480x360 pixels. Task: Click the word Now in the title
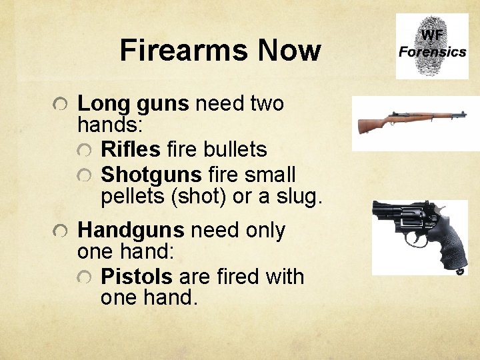tap(289, 50)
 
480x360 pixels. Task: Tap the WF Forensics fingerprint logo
tap(432, 46)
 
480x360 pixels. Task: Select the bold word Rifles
tap(131, 150)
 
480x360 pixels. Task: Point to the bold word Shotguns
tap(151, 175)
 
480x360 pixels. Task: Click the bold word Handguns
tap(131, 231)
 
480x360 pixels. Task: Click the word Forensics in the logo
tap(432, 51)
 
